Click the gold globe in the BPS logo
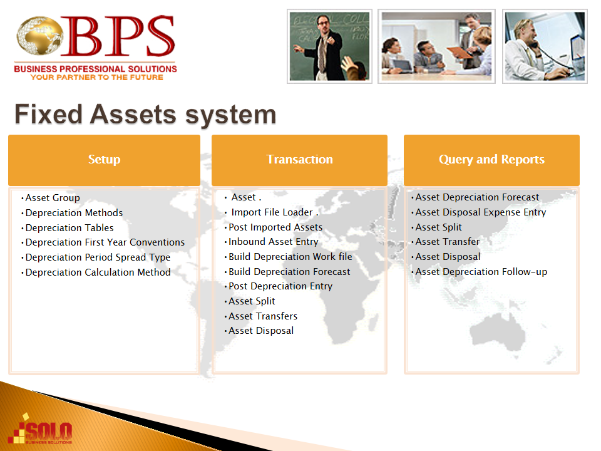point(39,35)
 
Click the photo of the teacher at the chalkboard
point(330,46)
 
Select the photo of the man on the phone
point(545,46)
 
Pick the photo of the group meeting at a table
point(436,46)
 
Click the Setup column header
point(105,160)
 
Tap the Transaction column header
point(299,160)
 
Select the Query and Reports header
point(492,160)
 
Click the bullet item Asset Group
point(53,198)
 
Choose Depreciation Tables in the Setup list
point(69,228)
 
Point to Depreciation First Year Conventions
point(105,242)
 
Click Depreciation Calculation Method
point(98,272)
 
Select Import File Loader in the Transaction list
point(272,212)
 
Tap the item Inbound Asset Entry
point(274,242)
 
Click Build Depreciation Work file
point(290,257)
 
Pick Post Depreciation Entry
point(280,286)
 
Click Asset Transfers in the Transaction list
point(263,316)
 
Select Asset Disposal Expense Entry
point(481,212)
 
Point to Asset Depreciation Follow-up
point(481,272)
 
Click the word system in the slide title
point(231,115)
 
